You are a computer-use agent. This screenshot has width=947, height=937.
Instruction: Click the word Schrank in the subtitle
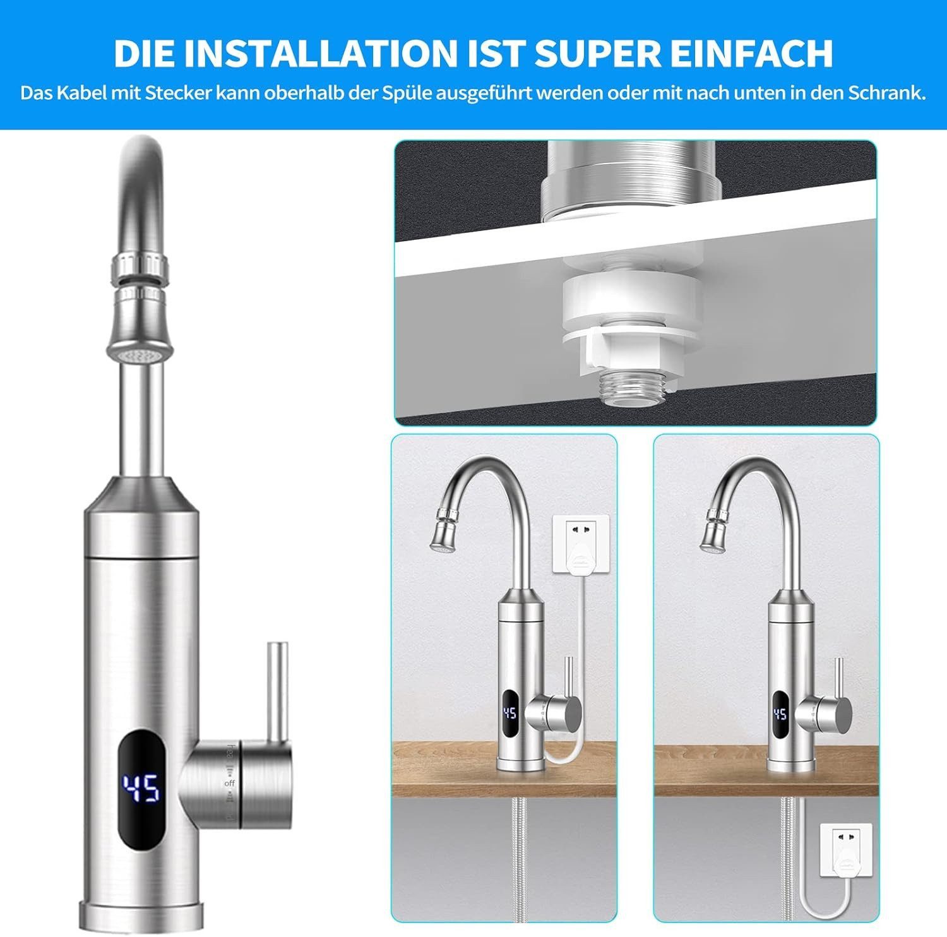(x=886, y=93)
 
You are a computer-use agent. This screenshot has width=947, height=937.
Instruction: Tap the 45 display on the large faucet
(x=141, y=788)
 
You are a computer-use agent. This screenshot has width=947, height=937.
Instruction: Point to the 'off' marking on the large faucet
(x=229, y=784)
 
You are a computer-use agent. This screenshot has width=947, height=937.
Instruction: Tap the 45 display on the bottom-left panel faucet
(x=509, y=713)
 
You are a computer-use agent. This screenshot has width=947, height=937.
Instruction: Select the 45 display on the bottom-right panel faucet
(x=780, y=713)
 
